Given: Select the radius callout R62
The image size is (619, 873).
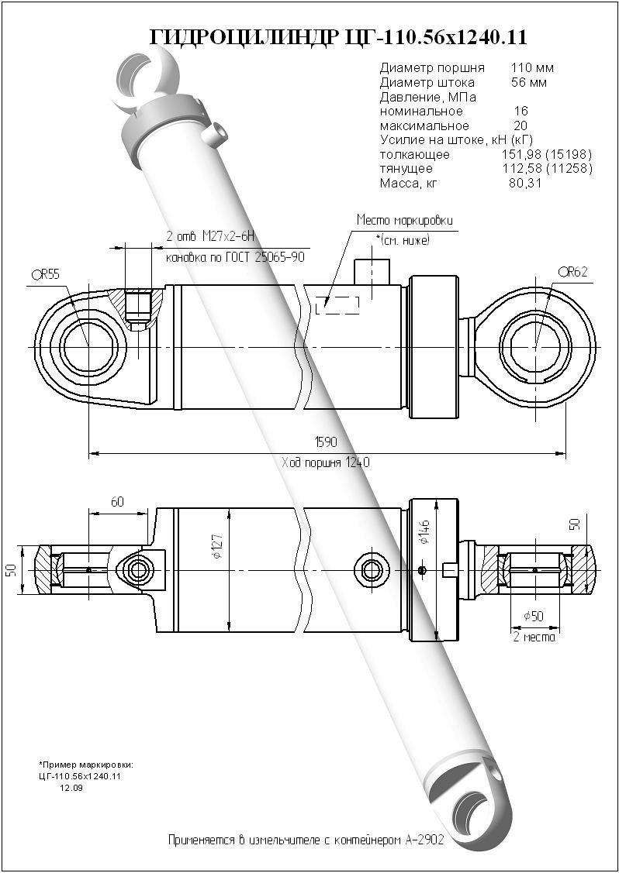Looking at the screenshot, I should [x=572, y=271].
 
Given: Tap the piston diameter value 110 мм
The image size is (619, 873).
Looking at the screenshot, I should [x=532, y=68].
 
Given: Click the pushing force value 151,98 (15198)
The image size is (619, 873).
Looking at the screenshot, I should [x=547, y=154].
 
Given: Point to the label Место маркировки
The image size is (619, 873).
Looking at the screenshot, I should [x=404, y=220].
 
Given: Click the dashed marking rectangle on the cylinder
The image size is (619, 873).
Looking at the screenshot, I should [x=337, y=304].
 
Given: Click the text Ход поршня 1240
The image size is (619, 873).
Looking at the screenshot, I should [x=325, y=462].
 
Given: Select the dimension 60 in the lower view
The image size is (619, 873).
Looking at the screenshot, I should [x=117, y=502].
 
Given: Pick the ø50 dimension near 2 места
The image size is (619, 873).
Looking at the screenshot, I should [x=534, y=616].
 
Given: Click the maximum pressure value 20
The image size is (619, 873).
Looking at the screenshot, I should [x=520, y=125].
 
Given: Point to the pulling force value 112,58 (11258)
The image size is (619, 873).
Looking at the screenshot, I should [x=547, y=169].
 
